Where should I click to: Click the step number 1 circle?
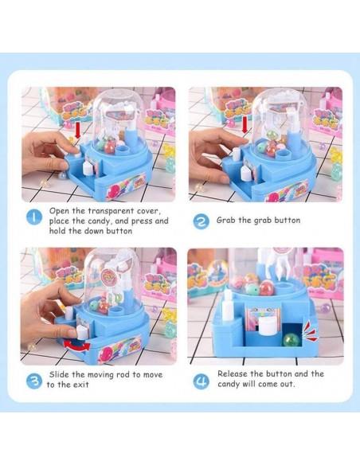coord(34,217)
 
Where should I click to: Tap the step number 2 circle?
coord(201,221)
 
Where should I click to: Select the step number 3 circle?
coord(34,381)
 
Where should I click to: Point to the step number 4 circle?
coord(201,381)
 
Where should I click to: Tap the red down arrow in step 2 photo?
coord(245,125)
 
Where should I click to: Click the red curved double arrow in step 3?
coord(76,346)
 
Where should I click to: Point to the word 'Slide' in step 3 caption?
coord(60,374)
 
